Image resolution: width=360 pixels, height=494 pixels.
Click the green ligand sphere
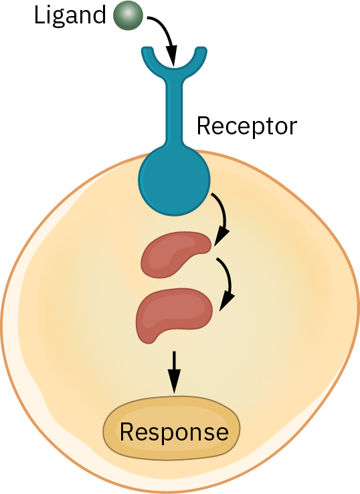coord(128,15)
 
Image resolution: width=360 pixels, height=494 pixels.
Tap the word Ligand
coord(70,16)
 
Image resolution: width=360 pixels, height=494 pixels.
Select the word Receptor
coord(246,126)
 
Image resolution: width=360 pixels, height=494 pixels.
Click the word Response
coord(174,433)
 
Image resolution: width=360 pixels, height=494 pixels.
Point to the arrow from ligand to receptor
coord(167,31)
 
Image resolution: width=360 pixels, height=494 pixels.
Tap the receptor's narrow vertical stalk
coord(174,110)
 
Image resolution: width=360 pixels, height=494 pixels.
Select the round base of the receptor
coord(174,181)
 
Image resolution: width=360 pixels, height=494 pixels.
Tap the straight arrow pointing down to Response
coord(174,372)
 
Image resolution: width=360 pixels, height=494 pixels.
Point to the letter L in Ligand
coord(39,15)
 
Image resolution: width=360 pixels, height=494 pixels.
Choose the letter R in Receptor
coord(204,126)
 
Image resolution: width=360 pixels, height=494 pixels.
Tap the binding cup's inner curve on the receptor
coord(174,68)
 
